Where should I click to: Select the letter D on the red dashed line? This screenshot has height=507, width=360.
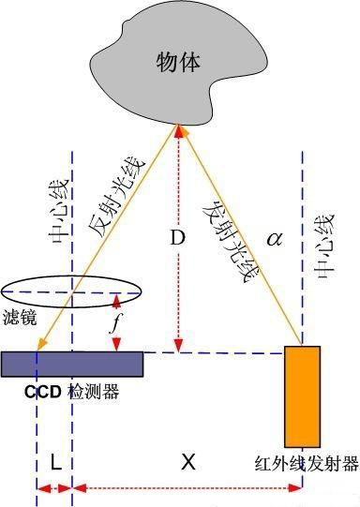click(x=175, y=237)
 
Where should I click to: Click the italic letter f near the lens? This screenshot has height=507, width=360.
click(x=113, y=324)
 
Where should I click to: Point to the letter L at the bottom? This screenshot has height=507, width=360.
click(x=55, y=462)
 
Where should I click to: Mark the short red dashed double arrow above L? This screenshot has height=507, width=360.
click(x=54, y=488)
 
